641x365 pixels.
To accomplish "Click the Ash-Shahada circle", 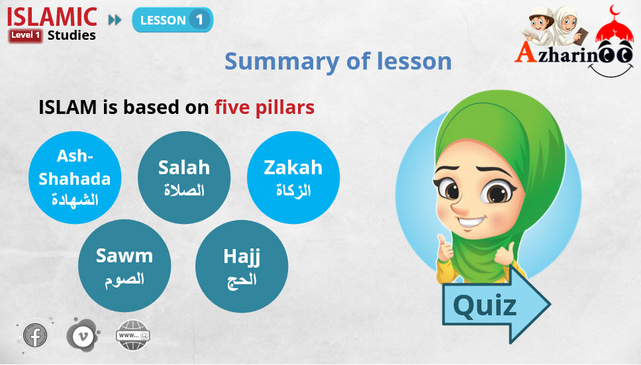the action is click(75, 178).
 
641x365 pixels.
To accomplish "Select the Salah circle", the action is click(184, 178).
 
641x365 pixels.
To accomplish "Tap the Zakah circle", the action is click(293, 178).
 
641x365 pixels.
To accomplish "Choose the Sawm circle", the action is click(124, 266).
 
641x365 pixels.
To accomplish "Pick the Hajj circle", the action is click(242, 266).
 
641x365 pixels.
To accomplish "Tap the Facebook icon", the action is click(34, 335).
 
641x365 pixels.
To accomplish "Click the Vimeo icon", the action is click(83, 335).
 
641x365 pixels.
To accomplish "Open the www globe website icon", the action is click(133, 335).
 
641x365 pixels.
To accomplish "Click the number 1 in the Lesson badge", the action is click(199, 20).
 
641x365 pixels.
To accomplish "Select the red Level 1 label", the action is click(25, 35).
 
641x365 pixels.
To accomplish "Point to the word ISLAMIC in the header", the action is click(52, 17).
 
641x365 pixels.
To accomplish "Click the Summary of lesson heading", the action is click(338, 62).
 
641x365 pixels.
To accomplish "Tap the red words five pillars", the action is click(264, 107).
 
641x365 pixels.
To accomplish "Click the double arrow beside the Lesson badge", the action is click(115, 20).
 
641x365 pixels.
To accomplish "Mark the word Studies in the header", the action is click(72, 35).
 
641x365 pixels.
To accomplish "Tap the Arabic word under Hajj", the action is click(242, 280).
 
